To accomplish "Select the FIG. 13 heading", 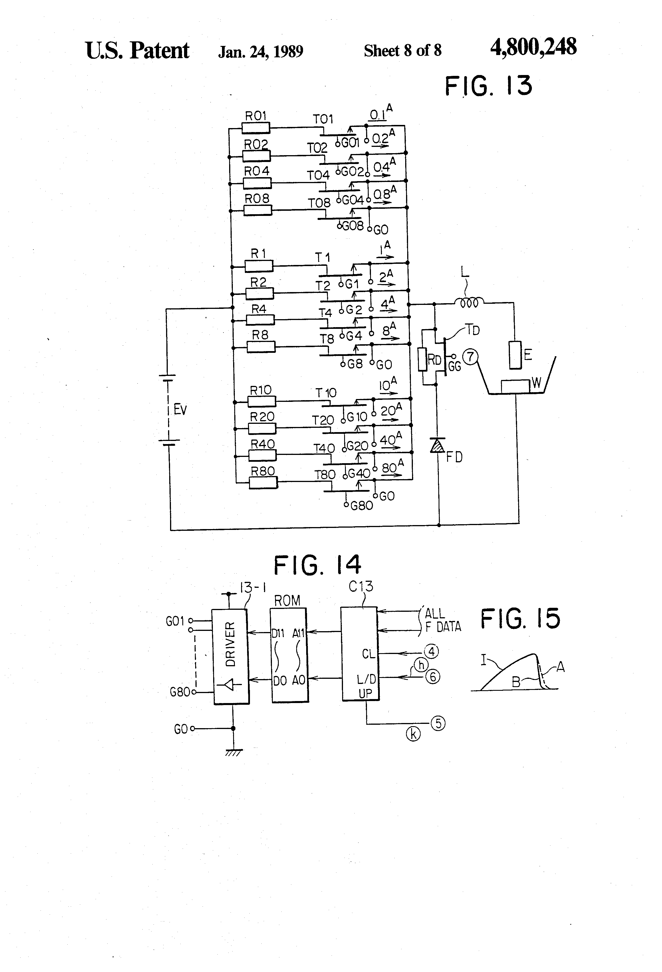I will click(x=488, y=86).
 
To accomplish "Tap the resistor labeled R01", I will click(x=256, y=127).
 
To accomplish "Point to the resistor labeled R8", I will click(x=261, y=347).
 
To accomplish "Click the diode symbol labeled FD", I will click(x=438, y=446).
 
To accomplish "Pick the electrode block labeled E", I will click(x=515, y=355).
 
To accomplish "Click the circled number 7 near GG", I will click(x=471, y=357).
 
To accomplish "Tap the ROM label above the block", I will click(x=287, y=601).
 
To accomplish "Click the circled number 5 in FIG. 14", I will click(x=438, y=723).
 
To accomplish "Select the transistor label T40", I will click(x=324, y=449).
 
